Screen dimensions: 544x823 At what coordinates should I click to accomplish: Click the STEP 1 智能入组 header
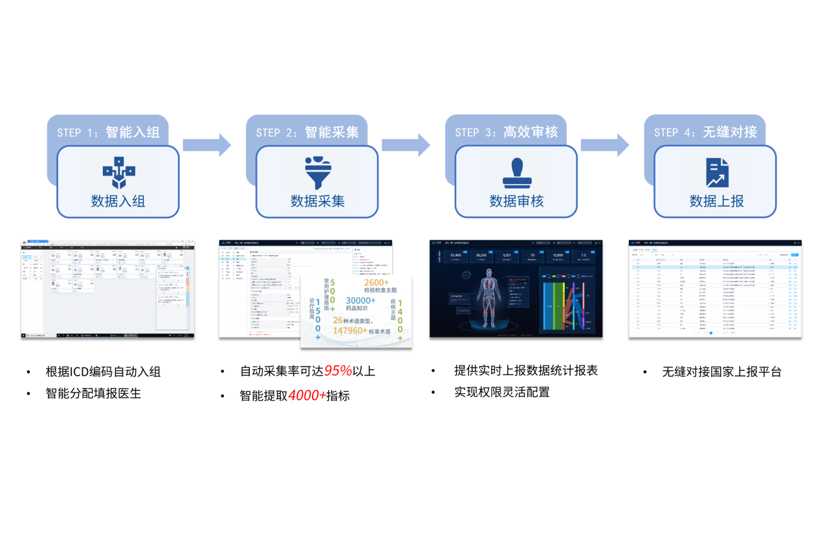click(108, 132)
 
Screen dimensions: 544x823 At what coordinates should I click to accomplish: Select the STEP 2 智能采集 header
click(307, 132)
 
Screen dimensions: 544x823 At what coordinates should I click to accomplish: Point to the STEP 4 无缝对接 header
click(705, 132)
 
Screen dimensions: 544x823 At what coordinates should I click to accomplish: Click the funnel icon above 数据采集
click(317, 172)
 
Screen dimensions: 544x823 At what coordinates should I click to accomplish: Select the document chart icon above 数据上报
click(716, 173)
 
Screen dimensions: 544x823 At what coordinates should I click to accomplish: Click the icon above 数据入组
click(118, 173)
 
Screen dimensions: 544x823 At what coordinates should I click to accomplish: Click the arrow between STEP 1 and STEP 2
click(206, 144)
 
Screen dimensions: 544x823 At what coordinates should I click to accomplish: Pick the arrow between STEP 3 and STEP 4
click(604, 144)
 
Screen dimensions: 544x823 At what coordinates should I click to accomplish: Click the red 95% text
click(338, 371)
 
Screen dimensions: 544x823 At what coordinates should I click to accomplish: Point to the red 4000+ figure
click(307, 395)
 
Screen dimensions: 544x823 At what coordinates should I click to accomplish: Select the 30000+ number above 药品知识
click(360, 300)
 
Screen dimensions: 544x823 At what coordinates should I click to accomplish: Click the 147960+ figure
click(350, 330)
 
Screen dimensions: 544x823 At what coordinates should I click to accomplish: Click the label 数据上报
click(716, 201)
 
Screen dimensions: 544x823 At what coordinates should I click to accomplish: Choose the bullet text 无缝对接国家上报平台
click(721, 372)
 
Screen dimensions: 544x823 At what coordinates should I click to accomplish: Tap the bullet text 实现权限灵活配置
click(502, 392)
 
